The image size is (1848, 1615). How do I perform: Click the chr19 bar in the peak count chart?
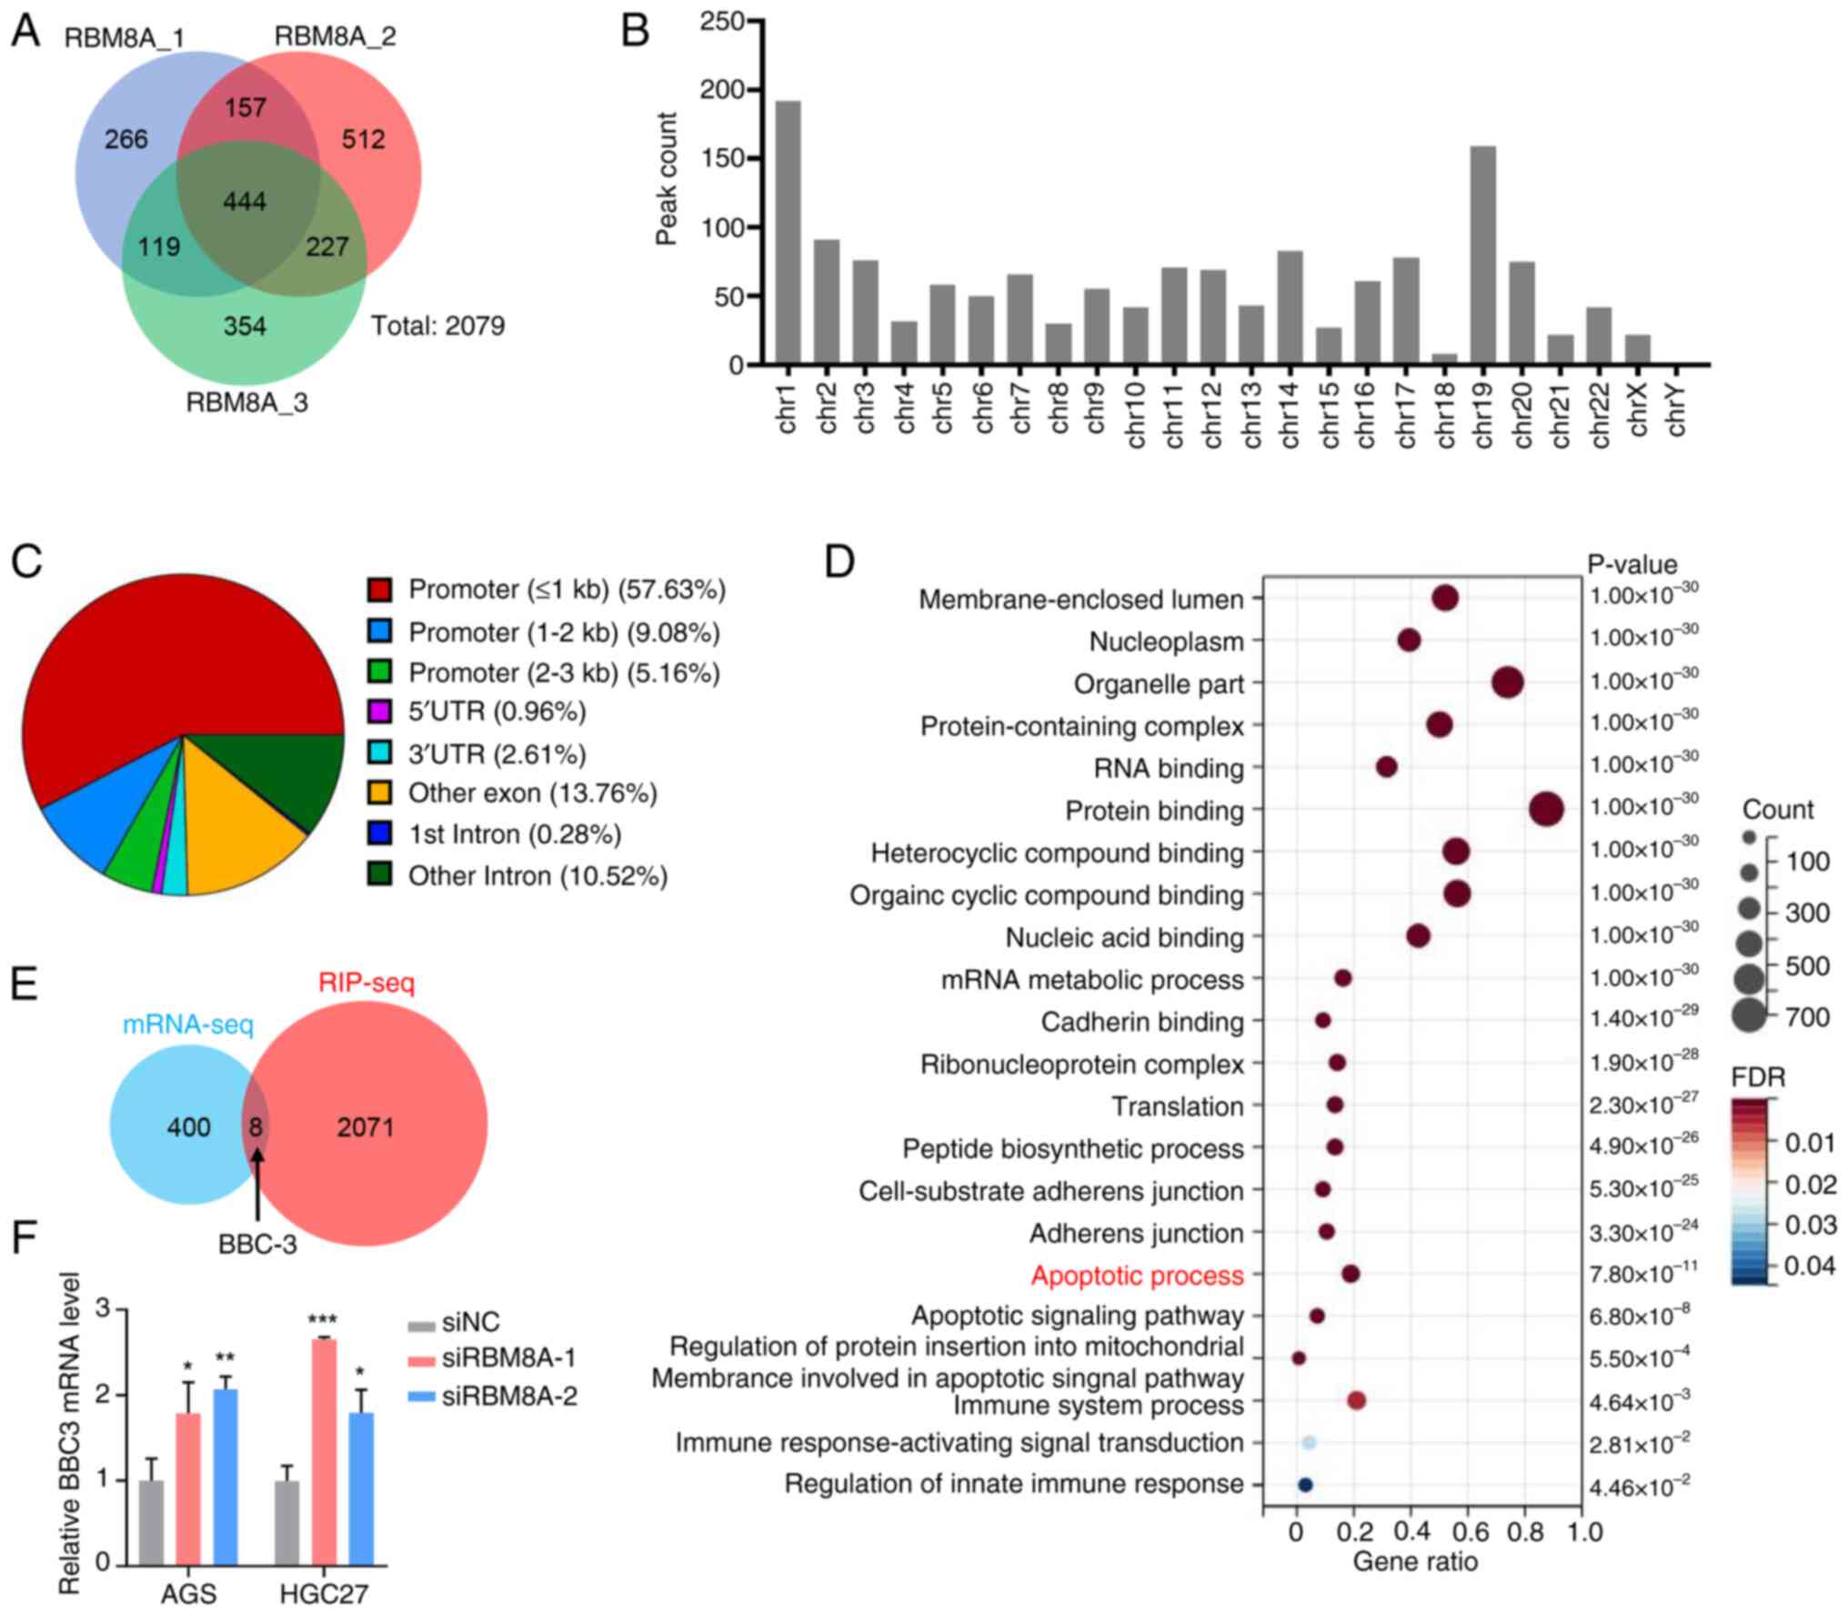pos(1482,256)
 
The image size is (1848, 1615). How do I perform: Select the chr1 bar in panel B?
pos(788,233)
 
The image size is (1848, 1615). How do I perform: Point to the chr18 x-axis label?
pos(1445,415)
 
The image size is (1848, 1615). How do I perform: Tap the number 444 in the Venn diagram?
pos(245,201)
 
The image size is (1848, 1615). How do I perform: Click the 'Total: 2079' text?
pos(437,326)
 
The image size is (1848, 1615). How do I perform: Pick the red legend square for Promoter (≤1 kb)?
pos(379,590)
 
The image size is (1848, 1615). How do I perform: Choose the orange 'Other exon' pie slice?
pos(241,837)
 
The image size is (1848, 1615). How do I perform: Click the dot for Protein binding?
pos(1546,809)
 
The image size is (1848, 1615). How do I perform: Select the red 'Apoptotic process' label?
pos(1137,1276)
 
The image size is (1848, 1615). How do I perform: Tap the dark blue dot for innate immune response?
pos(1305,1484)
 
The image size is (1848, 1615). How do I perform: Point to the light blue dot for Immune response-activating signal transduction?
pos(1309,1442)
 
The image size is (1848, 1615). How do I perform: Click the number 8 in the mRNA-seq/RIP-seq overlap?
pos(256,1127)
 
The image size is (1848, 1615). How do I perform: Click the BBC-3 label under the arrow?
pos(257,1244)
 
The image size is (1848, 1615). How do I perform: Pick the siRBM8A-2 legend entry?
pos(509,1396)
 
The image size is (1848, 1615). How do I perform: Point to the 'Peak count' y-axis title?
pos(667,179)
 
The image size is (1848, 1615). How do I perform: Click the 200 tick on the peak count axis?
pos(722,90)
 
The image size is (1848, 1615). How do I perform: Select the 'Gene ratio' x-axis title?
pos(1415,1561)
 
